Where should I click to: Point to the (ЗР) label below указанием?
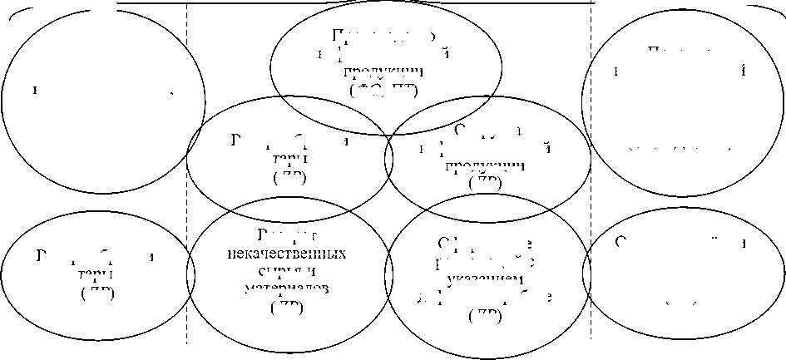[x=485, y=315]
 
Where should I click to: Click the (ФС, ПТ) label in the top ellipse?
[x=384, y=90]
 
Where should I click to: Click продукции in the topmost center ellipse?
[x=384, y=70]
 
